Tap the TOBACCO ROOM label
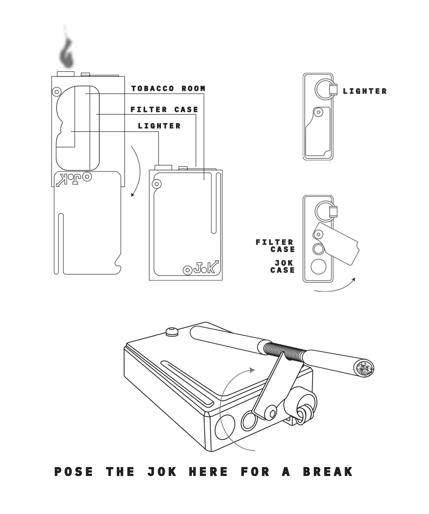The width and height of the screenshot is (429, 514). [x=168, y=89]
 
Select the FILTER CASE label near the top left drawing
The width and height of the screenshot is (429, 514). [x=164, y=110]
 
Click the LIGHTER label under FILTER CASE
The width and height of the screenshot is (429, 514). [x=159, y=126]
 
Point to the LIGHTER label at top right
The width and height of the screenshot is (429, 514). [x=365, y=91]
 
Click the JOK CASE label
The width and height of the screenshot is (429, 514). [x=283, y=267]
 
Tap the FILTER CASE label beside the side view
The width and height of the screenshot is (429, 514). [x=275, y=246]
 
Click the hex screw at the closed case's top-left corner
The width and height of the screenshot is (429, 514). [x=157, y=184]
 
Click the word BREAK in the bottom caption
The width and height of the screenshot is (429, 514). [x=328, y=472]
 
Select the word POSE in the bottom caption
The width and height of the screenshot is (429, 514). [x=74, y=472]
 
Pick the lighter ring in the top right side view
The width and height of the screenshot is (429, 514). [x=324, y=89]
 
